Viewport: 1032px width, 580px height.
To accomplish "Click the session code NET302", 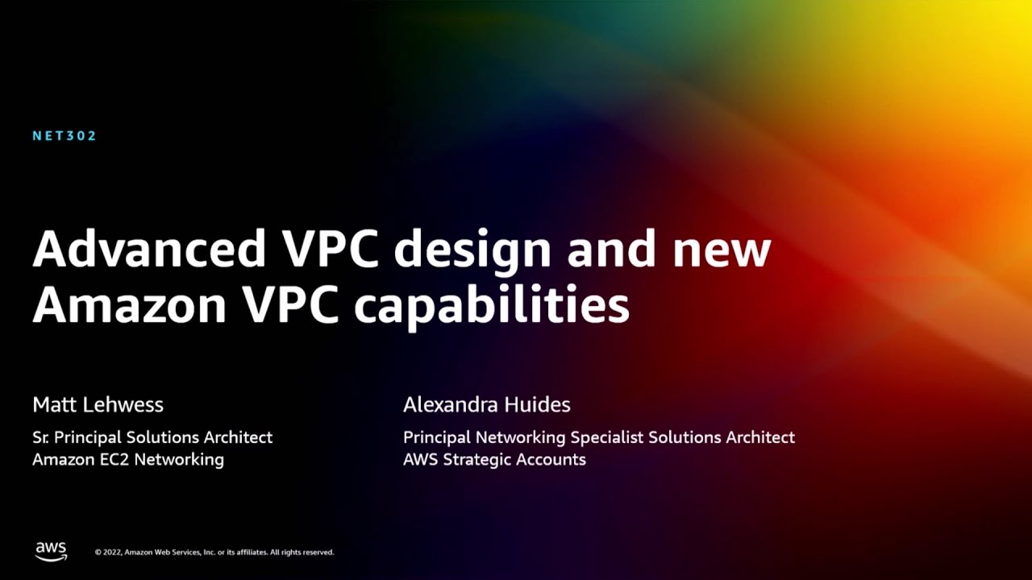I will (64, 136).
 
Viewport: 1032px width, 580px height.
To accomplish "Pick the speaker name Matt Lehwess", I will (98, 404).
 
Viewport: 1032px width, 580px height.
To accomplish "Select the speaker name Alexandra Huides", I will (486, 404).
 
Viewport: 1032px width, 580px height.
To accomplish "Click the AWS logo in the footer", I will (51, 551).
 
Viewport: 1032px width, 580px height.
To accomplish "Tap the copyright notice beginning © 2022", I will (214, 553).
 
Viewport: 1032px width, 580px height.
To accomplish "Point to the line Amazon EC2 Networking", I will (128, 460).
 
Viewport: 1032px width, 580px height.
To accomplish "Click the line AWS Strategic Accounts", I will (494, 460).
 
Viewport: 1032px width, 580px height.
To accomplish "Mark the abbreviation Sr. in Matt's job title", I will (42, 437).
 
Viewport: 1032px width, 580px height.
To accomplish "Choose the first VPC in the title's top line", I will (331, 249).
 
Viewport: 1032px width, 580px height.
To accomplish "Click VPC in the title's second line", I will (294, 305).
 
